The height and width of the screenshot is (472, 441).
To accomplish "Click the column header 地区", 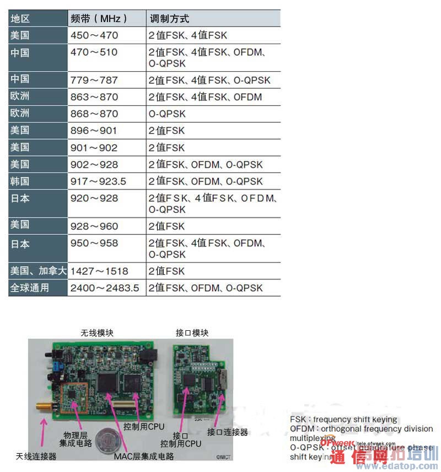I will coord(20,19).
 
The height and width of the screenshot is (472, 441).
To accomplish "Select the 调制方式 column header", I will coord(169,19).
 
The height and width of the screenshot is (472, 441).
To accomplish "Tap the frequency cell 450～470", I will coord(94,35).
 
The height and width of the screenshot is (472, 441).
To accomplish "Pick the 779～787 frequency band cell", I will coord(94,80).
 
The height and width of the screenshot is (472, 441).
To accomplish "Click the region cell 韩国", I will coord(20,181).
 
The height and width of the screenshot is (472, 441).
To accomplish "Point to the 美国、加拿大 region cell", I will coord(38,271).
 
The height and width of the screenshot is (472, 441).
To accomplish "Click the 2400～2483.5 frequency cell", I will coord(105,287).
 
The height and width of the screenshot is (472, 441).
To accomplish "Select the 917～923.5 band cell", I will coord(99,181).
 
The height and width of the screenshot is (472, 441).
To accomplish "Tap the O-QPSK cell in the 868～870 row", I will coord(168,114).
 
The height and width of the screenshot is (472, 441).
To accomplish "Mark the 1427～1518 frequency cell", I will coord(99,271).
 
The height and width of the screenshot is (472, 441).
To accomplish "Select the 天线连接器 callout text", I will coord(37,457).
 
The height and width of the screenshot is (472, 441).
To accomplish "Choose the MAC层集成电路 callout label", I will coord(144,456).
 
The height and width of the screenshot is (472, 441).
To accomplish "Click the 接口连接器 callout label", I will coord(227,432).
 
